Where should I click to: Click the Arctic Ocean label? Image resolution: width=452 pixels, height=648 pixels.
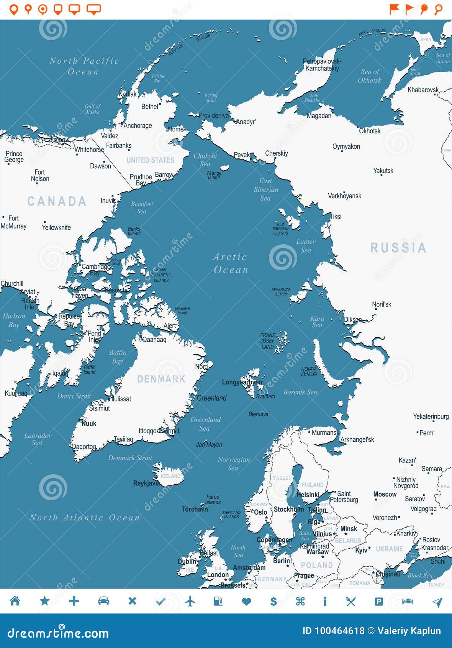(x=230, y=263)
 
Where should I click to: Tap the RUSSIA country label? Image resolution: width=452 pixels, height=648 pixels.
(x=398, y=248)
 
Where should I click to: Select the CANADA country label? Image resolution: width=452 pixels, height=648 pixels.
(x=57, y=201)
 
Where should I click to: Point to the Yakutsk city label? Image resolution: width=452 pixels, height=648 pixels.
(x=383, y=171)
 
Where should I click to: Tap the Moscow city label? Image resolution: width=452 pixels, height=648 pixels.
(x=385, y=494)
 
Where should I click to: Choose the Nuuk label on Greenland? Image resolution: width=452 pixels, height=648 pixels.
(x=88, y=423)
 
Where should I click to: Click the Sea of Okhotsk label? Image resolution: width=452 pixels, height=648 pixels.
(x=370, y=76)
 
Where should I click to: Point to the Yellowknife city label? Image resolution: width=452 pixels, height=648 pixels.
(x=56, y=227)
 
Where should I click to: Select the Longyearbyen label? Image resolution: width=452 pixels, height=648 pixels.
(x=242, y=382)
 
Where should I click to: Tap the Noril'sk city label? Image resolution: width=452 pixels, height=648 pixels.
(x=382, y=304)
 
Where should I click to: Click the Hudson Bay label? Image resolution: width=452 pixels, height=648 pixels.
(x=14, y=320)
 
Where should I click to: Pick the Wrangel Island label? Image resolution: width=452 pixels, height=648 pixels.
(x=214, y=175)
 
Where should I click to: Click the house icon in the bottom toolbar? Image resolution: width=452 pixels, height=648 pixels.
(x=15, y=601)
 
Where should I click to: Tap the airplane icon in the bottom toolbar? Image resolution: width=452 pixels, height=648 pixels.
(x=190, y=601)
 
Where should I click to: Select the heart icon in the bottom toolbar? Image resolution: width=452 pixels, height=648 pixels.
(x=246, y=601)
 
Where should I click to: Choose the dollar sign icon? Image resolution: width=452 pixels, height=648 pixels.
(x=273, y=601)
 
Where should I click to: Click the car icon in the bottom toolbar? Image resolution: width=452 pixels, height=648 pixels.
(x=103, y=601)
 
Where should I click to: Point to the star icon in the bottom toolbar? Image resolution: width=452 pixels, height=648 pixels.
(x=45, y=601)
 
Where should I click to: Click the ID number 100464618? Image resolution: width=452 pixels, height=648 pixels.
(x=333, y=631)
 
